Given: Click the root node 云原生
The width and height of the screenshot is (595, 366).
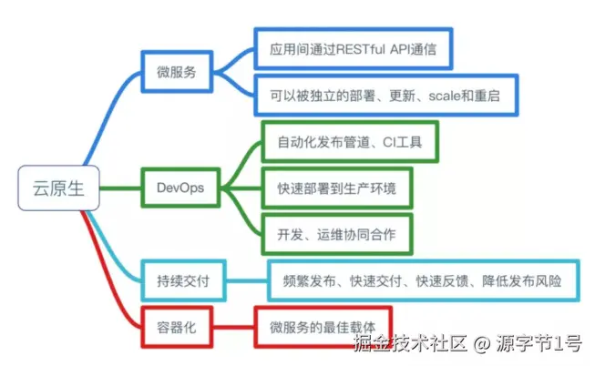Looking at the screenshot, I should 57,189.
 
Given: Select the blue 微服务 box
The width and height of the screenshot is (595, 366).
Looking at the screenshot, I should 177,70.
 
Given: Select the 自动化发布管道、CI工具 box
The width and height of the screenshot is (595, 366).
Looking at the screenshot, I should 350,143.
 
